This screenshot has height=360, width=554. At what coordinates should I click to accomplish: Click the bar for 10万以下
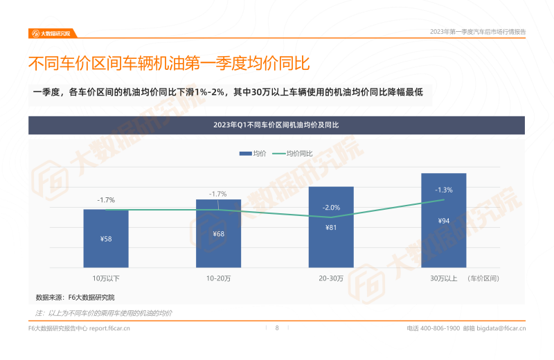coord(106,238)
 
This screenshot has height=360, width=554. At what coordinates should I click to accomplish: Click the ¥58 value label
coord(106,239)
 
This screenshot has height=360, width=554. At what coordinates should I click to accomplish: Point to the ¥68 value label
coord(218,234)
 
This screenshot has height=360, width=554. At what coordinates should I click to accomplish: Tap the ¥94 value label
coord(443,221)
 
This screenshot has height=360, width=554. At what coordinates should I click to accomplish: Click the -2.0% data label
coord(331,208)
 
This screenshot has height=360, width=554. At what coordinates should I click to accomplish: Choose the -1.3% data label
coord(443,190)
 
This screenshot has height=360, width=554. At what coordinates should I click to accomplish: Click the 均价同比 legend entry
coord(292,153)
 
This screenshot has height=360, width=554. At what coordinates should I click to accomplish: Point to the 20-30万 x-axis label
coord(331,278)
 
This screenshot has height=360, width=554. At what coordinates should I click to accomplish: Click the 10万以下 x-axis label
coord(106,278)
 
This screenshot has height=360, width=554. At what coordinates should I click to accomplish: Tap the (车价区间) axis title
coord(483,278)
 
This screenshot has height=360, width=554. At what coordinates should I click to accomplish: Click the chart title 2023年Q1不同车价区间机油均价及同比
coord(276,125)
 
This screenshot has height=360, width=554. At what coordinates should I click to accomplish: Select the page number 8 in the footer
coord(277,328)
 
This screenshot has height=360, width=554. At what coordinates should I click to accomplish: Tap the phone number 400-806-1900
coord(440,328)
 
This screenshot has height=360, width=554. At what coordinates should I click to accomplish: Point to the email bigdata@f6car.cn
coord(501,328)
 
